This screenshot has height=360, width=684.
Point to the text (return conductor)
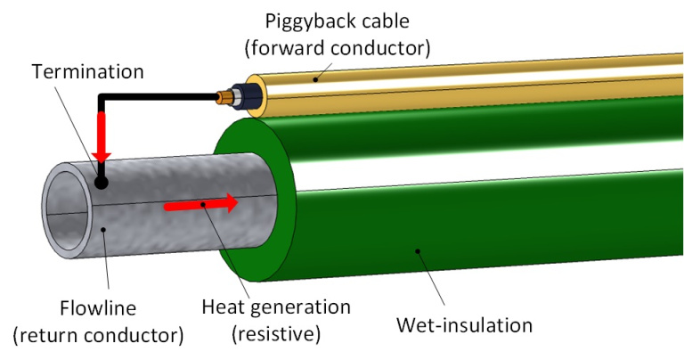[98, 337]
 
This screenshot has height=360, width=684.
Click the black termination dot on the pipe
[102, 183]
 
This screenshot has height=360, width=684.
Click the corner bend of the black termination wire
[103, 94]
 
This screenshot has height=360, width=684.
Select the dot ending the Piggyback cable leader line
[314, 78]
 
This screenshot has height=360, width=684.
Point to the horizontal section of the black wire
[160, 94]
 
